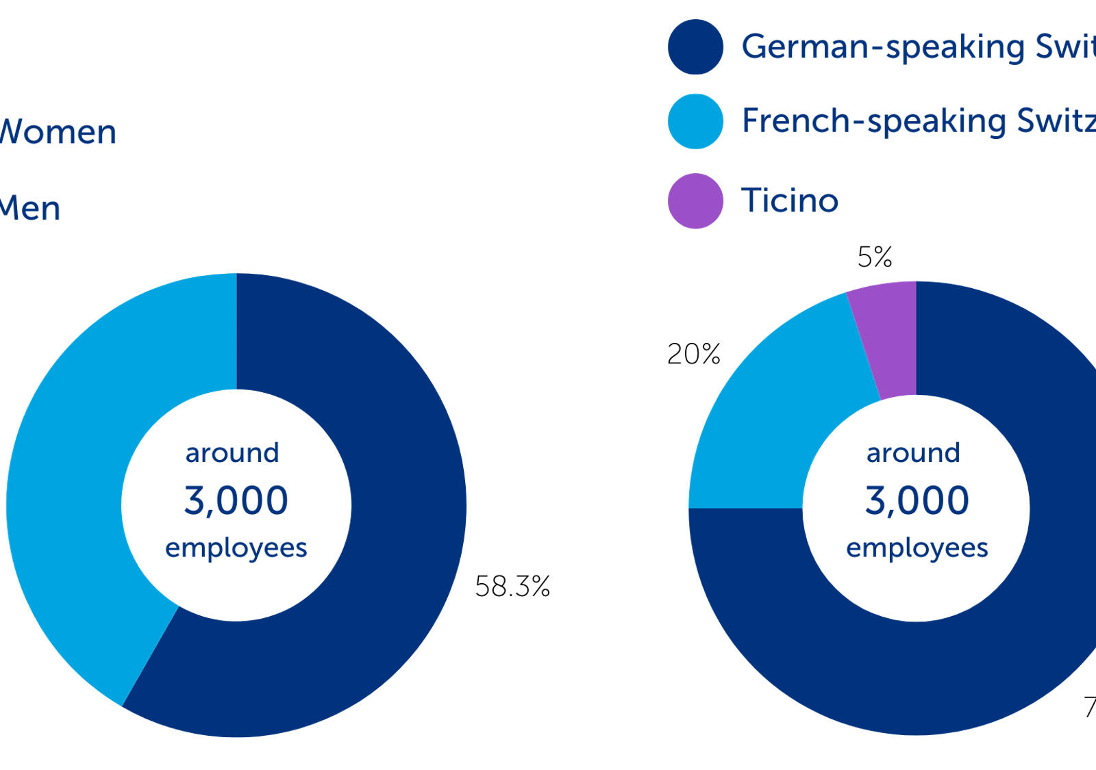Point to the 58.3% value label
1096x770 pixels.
tap(512, 587)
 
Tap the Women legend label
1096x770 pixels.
tap(58, 131)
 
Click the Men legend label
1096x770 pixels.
tap(30, 208)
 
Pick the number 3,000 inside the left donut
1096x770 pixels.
tap(236, 500)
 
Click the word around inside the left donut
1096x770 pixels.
tap(232, 452)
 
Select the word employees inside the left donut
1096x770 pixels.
tap(236, 548)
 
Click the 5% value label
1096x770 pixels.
tap(875, 257)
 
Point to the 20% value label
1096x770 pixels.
tap(694, 354)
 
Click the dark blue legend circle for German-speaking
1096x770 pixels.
tap(695, 47)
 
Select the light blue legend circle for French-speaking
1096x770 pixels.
tap(695, 121)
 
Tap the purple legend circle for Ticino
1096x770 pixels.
tap(695, 201)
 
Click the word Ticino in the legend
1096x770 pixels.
tap(790, 201)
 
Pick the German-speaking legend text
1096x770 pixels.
tap(918, 47)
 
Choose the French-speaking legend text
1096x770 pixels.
tap(918, 121)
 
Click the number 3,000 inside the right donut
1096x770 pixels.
tap(917, 500)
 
